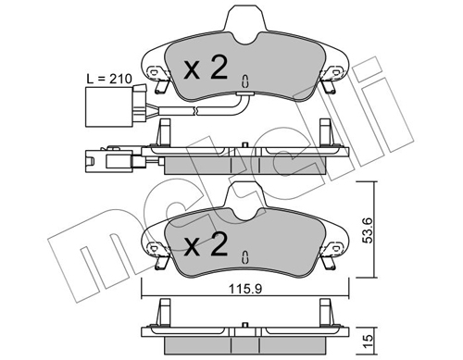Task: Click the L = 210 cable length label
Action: (x=109, y=79)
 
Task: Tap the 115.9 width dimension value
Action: (x=245, y=289)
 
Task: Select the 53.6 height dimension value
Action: (x=368, y=230)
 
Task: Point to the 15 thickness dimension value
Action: (x=368, y=341)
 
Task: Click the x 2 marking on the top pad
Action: (x=206, y=67)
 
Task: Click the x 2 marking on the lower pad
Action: (x=206, y=244)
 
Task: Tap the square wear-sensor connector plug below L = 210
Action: (x=108, y=106)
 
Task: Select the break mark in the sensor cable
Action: (x=195, y=110)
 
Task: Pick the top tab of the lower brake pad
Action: (x=245, y=200)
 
